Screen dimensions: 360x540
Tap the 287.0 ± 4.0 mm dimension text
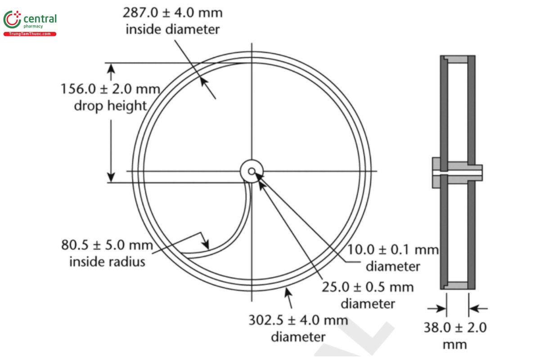click(x=172, y=13)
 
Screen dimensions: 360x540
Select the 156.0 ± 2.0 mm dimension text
click(x=110, y=89)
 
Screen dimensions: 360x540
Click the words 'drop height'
click(x=110, y=106)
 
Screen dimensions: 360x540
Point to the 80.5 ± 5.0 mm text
click(x=107, y=246)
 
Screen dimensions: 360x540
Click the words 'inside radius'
click(x=107, y=261)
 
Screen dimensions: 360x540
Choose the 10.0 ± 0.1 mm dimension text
click(x=393, y=250)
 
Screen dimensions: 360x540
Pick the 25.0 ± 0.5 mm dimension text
click(x=368, y=287)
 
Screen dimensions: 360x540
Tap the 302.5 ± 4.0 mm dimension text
click(x=298, y=320)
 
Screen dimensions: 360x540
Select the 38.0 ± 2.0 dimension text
click(x=455, y=327)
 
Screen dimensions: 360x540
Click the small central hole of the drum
click(x=252, y=171)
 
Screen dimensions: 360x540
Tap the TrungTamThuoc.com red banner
click(x=30, y=34)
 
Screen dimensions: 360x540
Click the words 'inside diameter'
click(x=172, y=30)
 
